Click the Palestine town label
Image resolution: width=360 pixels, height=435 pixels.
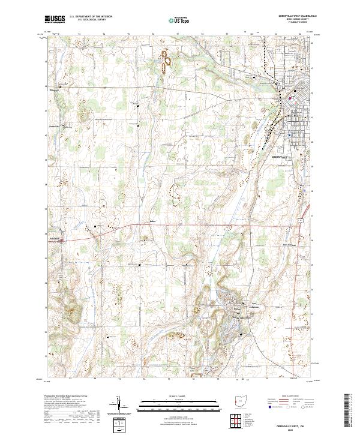pos(55,237)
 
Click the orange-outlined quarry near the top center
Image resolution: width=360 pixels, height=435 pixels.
pos(166,59)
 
